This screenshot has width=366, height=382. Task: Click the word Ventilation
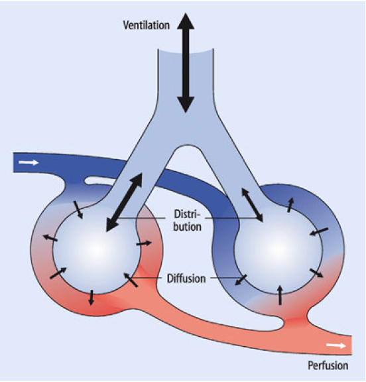coord(146,25)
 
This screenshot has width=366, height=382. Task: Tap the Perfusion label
coord(328,365)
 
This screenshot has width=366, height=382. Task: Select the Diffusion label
coord(186,279)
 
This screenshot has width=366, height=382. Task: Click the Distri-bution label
coord(187,220)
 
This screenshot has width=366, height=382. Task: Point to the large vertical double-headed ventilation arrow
coord(186,63)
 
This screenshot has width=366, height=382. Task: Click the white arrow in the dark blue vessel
coord(29,162)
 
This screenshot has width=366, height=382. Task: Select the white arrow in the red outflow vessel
coord(336,346)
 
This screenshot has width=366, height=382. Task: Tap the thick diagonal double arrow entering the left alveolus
coord(124,202)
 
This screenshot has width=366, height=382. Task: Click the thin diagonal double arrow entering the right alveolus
coord(252,205)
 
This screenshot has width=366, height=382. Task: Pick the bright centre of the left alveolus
coord(97,249)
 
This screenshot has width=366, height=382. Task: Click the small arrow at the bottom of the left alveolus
coord(91,298)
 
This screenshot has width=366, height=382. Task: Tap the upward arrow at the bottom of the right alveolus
coord(280,294)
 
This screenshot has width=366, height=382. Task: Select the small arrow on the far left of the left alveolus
coord(50,238)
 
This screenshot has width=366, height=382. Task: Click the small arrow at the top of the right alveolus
coord(290,205)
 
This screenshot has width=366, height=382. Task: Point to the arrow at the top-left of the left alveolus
coord(78,210)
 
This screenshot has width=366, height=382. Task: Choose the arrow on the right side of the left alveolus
coord(144,243)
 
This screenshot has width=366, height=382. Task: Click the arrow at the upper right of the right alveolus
coord(319,231)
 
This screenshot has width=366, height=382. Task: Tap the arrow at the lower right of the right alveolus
coord(316,273)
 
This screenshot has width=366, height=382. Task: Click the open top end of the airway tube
coord(186,52)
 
